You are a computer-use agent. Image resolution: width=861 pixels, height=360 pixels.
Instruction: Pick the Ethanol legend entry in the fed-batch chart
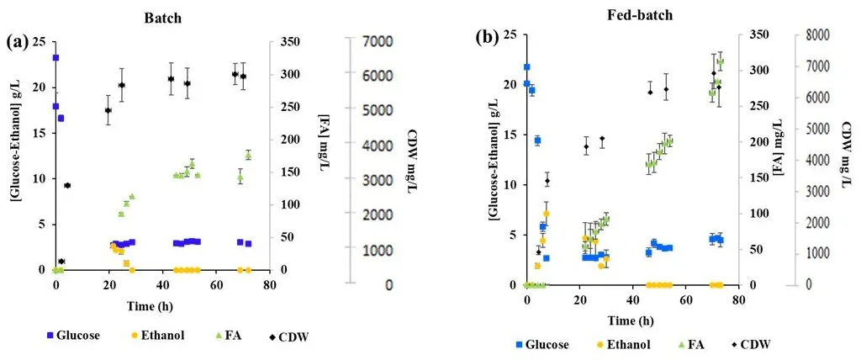pyautogui.click(x=619, y=344)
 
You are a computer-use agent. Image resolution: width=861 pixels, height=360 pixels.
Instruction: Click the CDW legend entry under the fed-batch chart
pyautogui.click(x=749, y=344)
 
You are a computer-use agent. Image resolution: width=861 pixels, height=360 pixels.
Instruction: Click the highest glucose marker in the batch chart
pyautogui.click(x=55, y=58)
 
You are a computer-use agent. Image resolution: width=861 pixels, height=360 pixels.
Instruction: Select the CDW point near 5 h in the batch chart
pyautogui.click(x=67, y=185)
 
